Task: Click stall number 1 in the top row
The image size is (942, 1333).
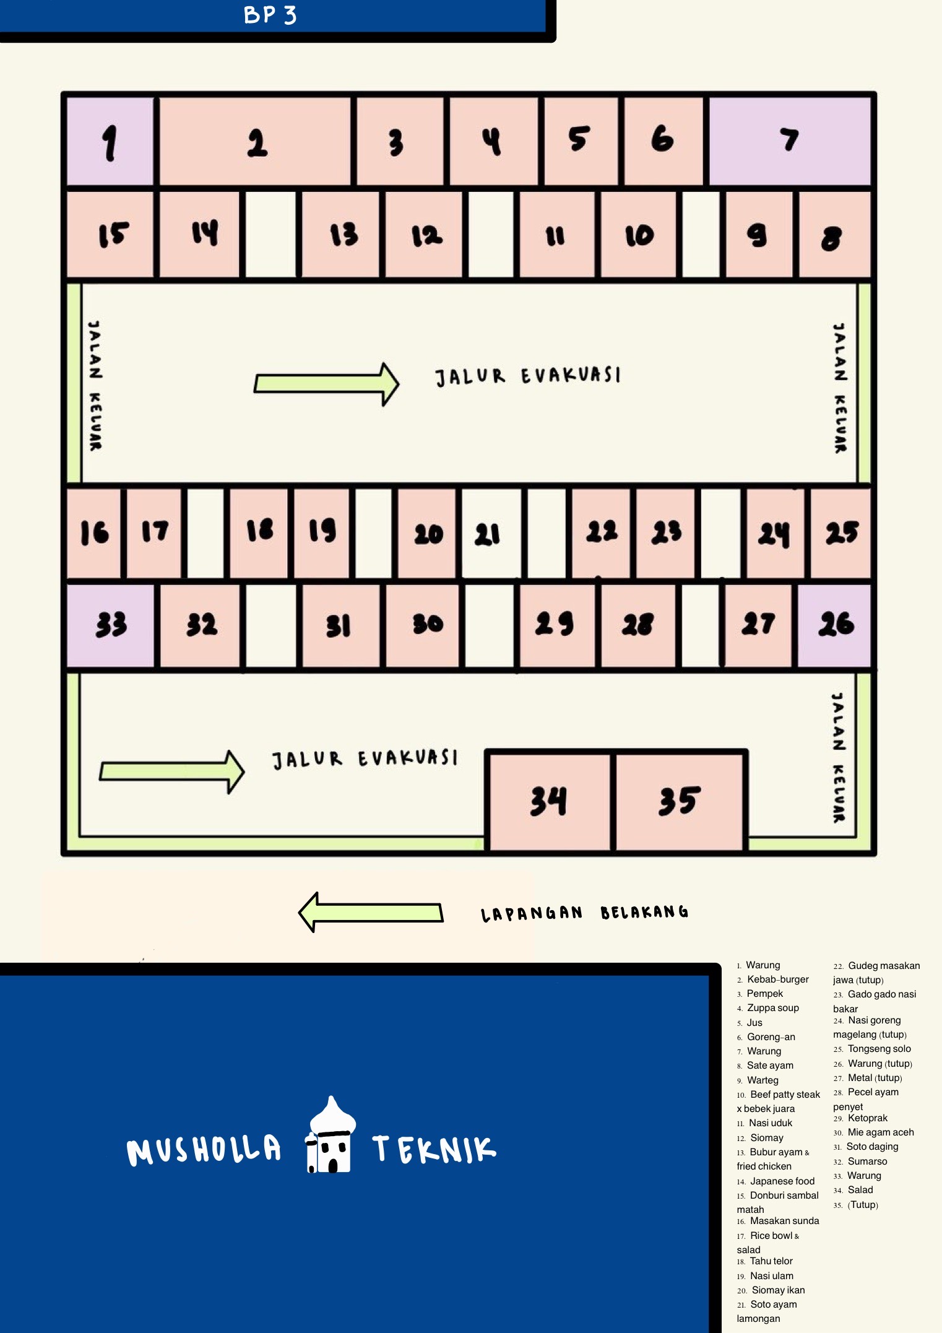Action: (110, 141)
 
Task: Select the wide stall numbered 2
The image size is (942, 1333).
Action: (256, 141)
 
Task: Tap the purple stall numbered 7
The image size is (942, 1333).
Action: (790, 141)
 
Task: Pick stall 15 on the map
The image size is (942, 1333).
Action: (110, 234)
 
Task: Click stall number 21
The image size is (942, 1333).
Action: (490, 533)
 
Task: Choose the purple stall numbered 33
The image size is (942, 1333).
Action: (110, 625)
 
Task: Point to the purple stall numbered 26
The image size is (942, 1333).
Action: (834, 625)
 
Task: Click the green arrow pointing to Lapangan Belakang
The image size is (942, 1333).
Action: (371, 912)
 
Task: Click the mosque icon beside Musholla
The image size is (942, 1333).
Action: (331, 1134)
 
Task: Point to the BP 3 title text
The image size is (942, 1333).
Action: (270, 14)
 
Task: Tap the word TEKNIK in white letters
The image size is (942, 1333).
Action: (434, 1149)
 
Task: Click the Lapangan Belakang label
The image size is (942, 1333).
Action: (584, 913)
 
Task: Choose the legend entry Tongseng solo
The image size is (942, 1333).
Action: (872, 1049)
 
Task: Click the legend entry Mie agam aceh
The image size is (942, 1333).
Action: (873, 1132)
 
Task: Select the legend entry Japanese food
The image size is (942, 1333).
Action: (776, 1181)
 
